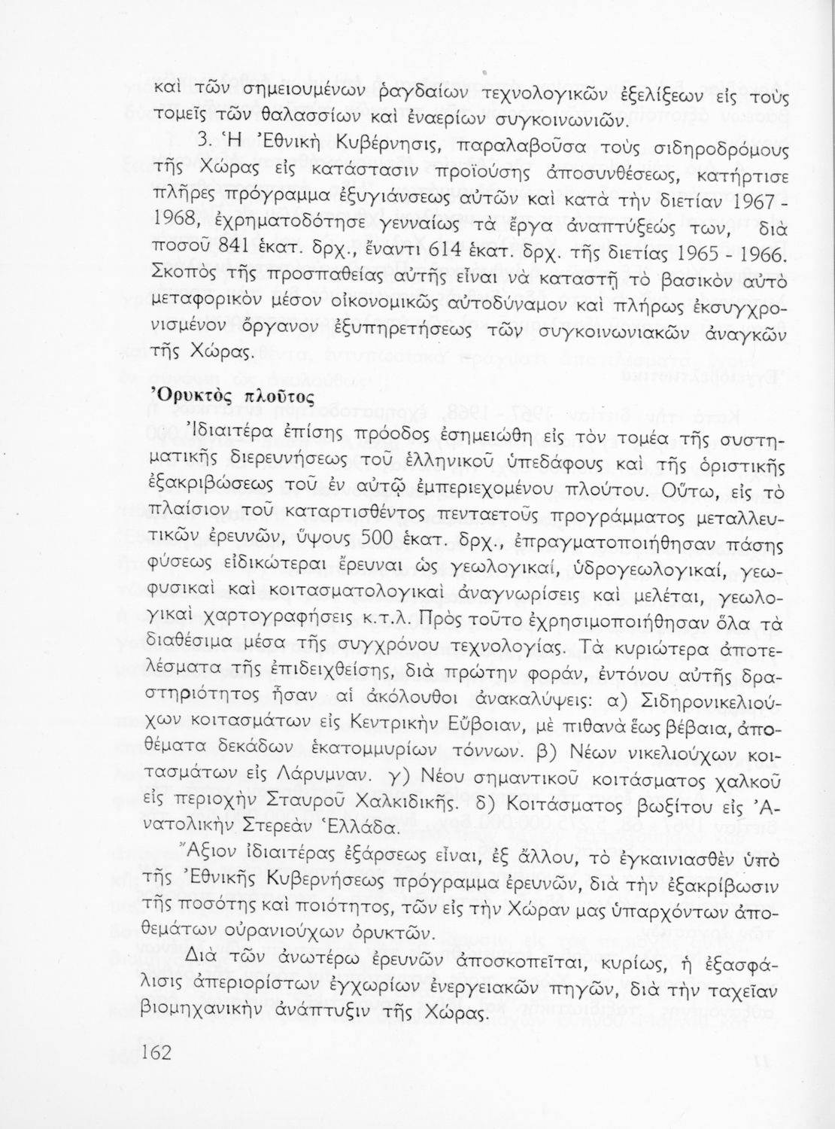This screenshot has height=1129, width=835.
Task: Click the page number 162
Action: click(157, 1051)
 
